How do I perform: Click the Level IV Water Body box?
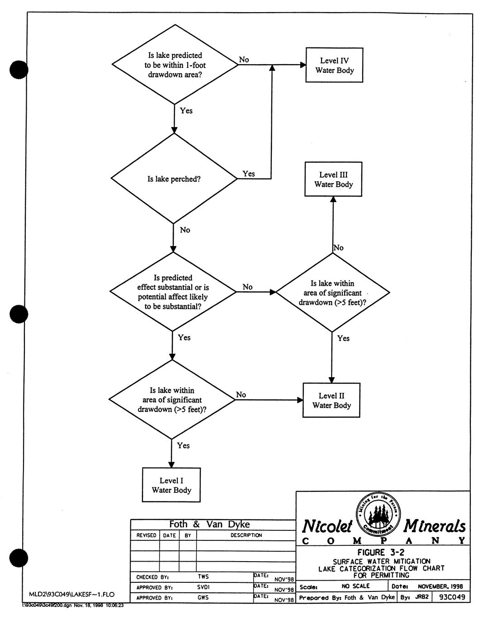[334, 65]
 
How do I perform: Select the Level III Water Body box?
[333, 180]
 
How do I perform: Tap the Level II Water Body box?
[331, 401]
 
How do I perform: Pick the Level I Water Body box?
[171, 485]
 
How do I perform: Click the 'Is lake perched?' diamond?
[174, 179]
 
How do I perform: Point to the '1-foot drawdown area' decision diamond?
[175, 65]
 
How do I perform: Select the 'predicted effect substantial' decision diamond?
[173, 292]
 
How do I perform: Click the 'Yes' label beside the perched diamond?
[249, 174]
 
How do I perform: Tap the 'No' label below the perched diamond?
[185, 230]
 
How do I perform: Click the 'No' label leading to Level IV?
[244, 60]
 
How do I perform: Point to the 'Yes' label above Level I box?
[183, 446]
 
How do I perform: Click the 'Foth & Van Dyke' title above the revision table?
[209, 525]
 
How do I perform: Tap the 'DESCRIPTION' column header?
[246, 535]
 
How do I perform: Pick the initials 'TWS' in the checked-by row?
[204, 577]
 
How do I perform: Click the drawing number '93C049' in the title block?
[451, 597]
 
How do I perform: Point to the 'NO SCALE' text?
[355, 586]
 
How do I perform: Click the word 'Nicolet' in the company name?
[327, 526]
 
